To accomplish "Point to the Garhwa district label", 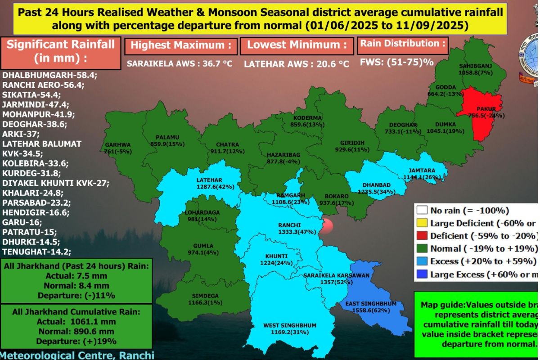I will [x=118, y=145].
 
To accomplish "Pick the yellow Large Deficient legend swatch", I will [x=422, y=223].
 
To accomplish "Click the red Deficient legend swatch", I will [x=422, y=236].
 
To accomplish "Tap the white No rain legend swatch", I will [x=422, y=210].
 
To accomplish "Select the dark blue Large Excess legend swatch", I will [x=422, y=274].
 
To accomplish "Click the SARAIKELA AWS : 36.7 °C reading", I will [x=180, y=64].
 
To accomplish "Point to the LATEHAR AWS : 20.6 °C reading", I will [x=297, y=64].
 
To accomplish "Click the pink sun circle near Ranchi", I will [x=327, y=225].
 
